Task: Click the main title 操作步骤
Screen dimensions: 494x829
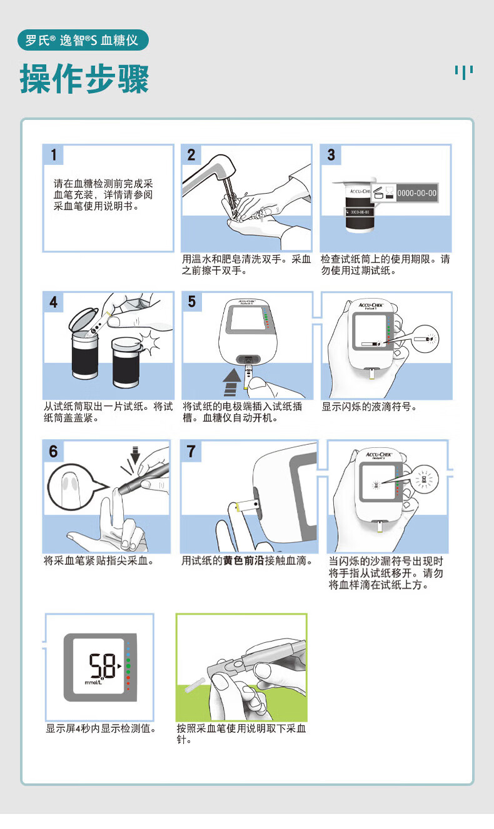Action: pos(84,79)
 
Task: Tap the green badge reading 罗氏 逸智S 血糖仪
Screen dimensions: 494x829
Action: pos(83,40)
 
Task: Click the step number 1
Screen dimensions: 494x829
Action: pos(54,154)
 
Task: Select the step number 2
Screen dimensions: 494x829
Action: pos(191,155)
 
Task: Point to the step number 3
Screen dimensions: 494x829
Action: pos(331,155)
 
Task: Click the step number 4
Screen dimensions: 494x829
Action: pos(53,302)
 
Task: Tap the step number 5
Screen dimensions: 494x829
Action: pos(192,301)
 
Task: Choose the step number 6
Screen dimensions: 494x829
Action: pos(53,451)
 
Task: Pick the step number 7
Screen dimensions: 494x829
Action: pos(191,451)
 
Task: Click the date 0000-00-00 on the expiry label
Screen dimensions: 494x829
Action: pos(416,193)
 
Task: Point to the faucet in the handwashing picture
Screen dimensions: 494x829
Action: pos(209,173)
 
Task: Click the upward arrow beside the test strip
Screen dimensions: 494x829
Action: pos(232,382)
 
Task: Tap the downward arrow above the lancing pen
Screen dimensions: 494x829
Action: pos(136,455)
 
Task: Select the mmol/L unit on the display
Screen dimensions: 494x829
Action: pos(93,682)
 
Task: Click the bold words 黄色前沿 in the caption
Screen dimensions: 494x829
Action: pos(244,561)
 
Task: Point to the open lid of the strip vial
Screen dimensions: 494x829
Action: pos(84,319)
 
